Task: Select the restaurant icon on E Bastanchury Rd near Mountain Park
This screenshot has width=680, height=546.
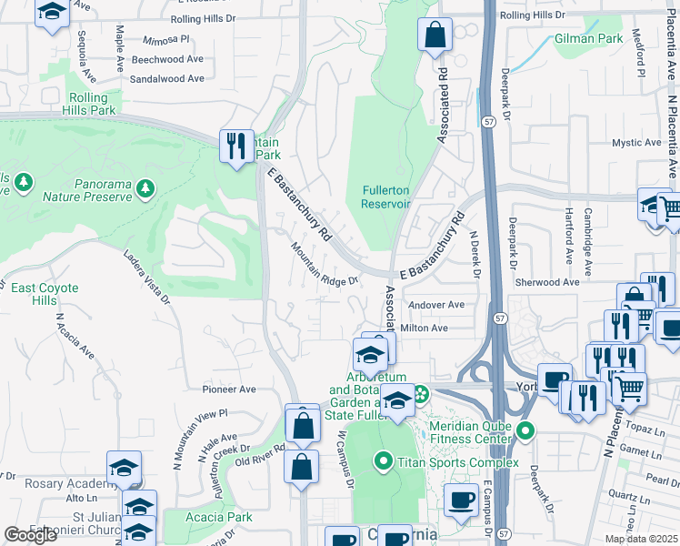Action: click(235, 146)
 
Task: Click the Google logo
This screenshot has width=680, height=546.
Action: click(31, 535)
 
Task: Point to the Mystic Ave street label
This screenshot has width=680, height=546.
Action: click(635, 143)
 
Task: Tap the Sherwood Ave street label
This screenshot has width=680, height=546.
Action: click(546, 283)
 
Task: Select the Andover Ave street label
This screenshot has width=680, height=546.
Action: click(437, 305)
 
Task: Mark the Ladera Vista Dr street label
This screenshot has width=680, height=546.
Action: click(145, 277)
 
